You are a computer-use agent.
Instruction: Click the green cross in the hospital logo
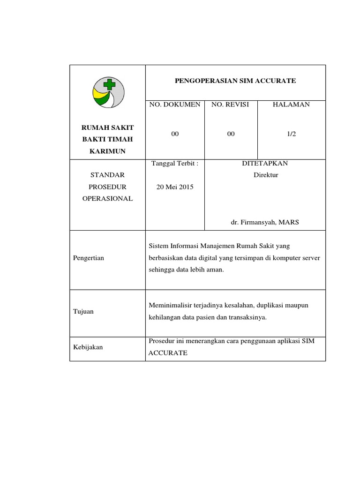point(109,84)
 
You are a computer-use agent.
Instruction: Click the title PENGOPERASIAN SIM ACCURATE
point(235,81)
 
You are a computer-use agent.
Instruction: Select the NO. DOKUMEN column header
point(175,105)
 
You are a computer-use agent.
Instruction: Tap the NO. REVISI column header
point(230,105)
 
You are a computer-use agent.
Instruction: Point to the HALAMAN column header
point(291,105)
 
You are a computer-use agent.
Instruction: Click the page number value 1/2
point(292,134)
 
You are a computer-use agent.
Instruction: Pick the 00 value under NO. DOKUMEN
point(175,134)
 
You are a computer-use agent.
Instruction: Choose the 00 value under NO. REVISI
point(231,134)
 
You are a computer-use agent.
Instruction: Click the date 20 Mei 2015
point(175,187)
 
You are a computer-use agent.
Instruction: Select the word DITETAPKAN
point(265,164)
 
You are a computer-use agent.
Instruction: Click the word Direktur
point(266,175)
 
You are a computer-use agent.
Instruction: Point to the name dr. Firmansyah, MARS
point(265,222)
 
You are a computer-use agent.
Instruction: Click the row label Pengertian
point(89,258)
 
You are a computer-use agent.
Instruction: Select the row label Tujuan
point(83,311)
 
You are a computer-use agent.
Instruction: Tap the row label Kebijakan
point(88,347)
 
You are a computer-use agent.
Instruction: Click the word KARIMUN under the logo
point(107,151)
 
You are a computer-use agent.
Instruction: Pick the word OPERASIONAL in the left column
point(107,198)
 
